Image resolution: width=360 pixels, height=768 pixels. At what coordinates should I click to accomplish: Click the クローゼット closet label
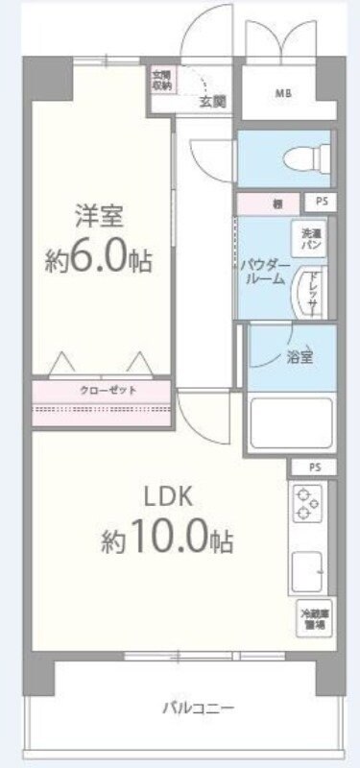pos(101,391)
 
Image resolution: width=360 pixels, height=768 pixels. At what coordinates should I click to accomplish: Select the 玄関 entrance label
pos(211,100)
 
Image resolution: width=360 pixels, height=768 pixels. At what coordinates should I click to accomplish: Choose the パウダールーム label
pos(262,270)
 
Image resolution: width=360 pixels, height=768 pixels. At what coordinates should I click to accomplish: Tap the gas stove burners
pos(308,504)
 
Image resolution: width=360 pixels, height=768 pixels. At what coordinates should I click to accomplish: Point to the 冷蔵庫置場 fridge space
pos(311,619)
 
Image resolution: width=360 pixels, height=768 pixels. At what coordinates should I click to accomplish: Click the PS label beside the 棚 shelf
pos(318,203)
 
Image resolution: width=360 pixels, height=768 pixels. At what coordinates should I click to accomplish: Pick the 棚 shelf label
pos(276,204)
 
